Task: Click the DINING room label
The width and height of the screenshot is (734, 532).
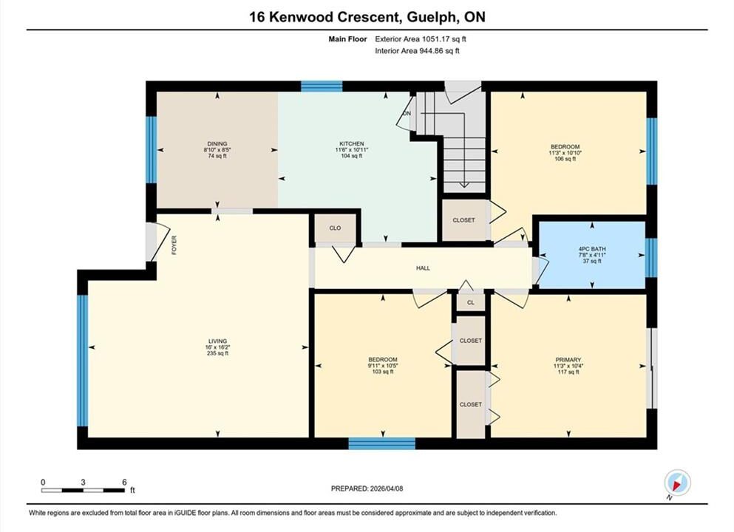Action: point(217,143)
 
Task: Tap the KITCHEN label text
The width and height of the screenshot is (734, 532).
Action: point(352,143)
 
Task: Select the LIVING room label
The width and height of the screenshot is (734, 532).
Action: point(217,341)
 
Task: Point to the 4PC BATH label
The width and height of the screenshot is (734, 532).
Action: point(592,249)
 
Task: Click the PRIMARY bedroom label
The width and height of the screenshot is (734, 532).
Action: point(568,360)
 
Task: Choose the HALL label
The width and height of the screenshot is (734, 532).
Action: point(423,268)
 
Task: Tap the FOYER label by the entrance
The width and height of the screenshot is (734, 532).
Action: point(174,245)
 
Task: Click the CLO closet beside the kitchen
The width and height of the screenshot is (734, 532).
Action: point(335,228)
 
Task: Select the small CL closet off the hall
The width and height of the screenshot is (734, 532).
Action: point(471,303)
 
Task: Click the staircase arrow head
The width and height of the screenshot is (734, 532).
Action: point(464,185)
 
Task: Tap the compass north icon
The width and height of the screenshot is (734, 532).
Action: point(677,482)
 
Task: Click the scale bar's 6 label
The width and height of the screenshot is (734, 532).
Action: point(124,482)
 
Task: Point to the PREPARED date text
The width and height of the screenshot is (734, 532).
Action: point(367,488)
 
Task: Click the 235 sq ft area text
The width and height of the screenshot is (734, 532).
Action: point(217,353)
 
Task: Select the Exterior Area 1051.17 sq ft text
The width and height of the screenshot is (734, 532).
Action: point(421,39)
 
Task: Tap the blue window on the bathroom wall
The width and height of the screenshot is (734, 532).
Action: point(651,257)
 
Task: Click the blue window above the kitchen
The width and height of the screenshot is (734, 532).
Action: point(322,86)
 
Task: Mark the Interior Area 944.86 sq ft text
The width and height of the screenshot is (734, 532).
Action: point(417,51)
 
